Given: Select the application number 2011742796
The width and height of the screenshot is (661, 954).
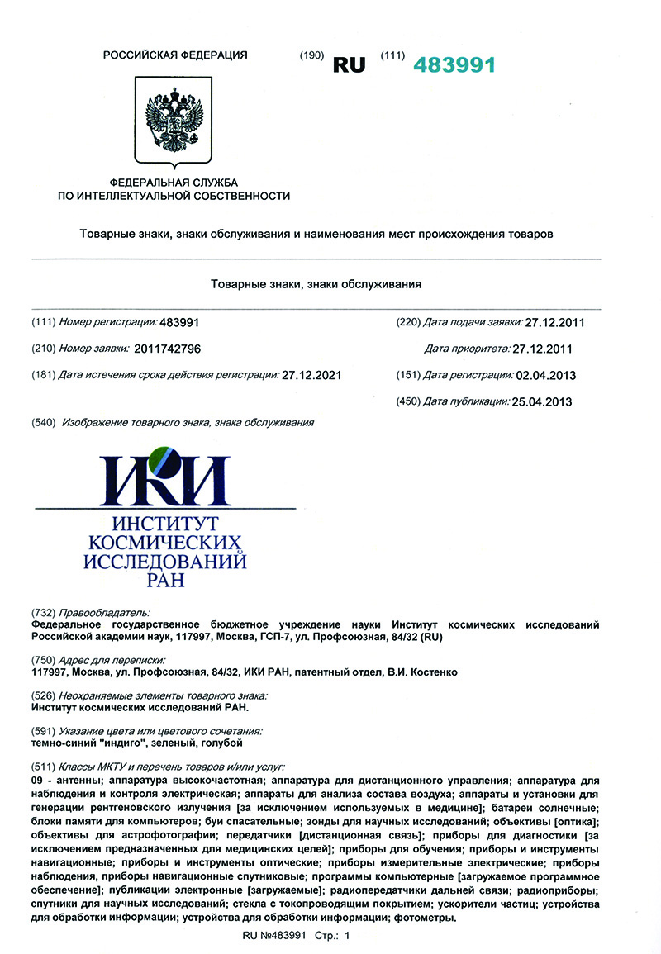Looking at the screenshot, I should tap(169, 349).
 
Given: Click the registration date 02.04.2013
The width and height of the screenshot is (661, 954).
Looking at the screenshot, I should tap(545, 375).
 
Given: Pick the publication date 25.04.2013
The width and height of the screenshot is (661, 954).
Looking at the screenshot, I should tap(541, 401).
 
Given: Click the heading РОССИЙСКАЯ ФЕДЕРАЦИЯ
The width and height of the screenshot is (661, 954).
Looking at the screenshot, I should tap(174, 55).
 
